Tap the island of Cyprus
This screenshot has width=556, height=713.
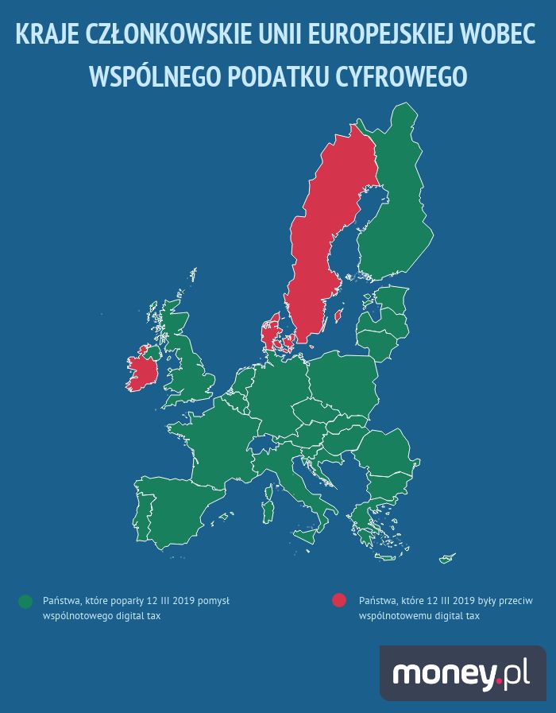(447, 556)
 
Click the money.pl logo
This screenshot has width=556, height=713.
(461, 673)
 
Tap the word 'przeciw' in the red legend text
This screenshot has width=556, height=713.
(511, 601)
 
